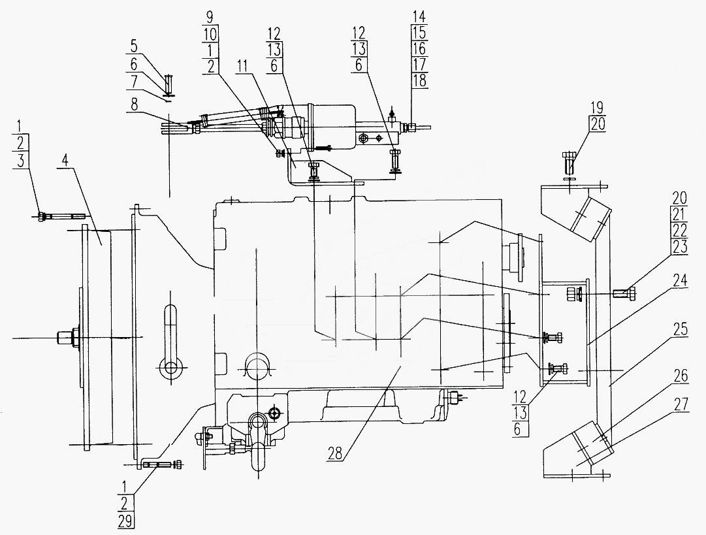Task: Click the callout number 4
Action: [x=65, y=160]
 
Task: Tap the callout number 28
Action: [x=336, y=453]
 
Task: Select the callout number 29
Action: [x=125, y=521]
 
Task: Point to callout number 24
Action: [x=680, y=280]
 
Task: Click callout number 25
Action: [x=680, y=329]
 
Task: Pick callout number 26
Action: [x=681, y=375]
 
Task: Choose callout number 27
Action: [x=681, y=404]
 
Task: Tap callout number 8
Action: [x=134, y=105]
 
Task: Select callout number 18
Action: [x=419, y=80]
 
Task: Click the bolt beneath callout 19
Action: [x=568, y=163]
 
